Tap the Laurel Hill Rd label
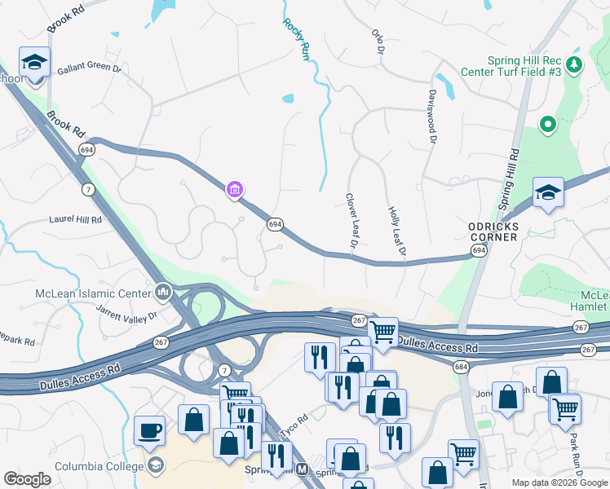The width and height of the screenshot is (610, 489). (x=75, y=219)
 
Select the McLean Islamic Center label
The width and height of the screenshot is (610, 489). (x=92, y=293)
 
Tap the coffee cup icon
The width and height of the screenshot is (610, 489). (x=150, y=429)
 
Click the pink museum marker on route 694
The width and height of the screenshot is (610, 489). (x=235, y=190)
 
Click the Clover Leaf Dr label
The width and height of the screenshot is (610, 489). (x=351, y=221)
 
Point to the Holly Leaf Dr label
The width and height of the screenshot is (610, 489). (x=396, y=233)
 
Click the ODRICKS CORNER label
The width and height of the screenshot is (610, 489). (x=493, y=231)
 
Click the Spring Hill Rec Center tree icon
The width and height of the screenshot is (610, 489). (x=575, y=64)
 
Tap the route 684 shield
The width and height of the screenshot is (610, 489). (x=462, y=368)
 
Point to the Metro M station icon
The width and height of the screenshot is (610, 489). (x=303, y=469)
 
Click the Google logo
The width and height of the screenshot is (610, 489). (x=27, y=479)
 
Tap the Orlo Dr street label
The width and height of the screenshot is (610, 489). (x=378, y=42)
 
